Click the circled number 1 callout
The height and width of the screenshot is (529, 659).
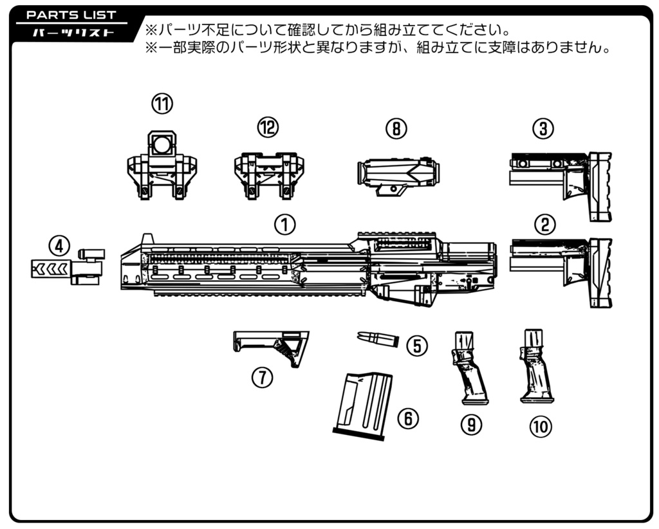tap(284, 224)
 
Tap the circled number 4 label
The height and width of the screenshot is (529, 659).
tap(59, 245)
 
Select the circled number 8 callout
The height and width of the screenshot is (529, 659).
tap(396, 129)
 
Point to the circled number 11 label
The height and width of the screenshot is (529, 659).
tap(162, 104)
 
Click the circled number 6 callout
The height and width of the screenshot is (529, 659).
tap(407, 419)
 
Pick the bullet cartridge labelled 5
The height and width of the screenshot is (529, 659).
tap(378, 339)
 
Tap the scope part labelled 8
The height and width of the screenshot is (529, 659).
tap(398, 173)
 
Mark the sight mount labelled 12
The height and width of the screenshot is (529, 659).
tap(265, 174)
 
